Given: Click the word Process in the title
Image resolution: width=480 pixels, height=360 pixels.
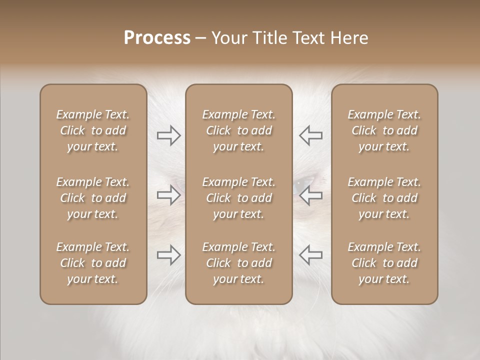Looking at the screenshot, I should click(x=157, y=38).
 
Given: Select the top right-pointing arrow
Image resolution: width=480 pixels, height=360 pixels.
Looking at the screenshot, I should click(x=168, y=135).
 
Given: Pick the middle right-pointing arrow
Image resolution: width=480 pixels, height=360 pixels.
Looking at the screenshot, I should click(x=168, y=195).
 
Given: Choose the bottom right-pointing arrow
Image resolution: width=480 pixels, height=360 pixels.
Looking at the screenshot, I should click(x=168, y=255).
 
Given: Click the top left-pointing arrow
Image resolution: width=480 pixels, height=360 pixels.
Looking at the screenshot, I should click(x=310, y=135).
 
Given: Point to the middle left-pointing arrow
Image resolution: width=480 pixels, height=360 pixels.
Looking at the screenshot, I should click(x=310, y=195).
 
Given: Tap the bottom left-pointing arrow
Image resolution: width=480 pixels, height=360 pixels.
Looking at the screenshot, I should click(x=310, y=255).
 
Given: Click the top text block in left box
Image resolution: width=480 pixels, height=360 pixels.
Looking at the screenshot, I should click(x=93, y=130).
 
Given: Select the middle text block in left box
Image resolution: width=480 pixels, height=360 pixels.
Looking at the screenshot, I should click(x=93, y=198).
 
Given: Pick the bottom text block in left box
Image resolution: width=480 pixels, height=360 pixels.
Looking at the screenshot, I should click(x=93, y=263).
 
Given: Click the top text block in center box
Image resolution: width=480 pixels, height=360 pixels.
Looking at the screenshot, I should click(x=239, y=130).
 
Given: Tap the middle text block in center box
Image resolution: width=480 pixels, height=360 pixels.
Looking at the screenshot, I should click(x=239, y=198).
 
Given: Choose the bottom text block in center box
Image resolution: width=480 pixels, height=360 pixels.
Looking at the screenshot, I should click(x=239, y=263).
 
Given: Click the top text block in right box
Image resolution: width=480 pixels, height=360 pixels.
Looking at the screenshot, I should click(x=384, y=130).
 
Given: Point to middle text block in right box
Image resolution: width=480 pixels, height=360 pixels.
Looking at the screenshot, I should click(x=384, y=198).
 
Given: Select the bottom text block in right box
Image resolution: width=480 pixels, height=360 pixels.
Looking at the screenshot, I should click(x=384, y=263).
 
